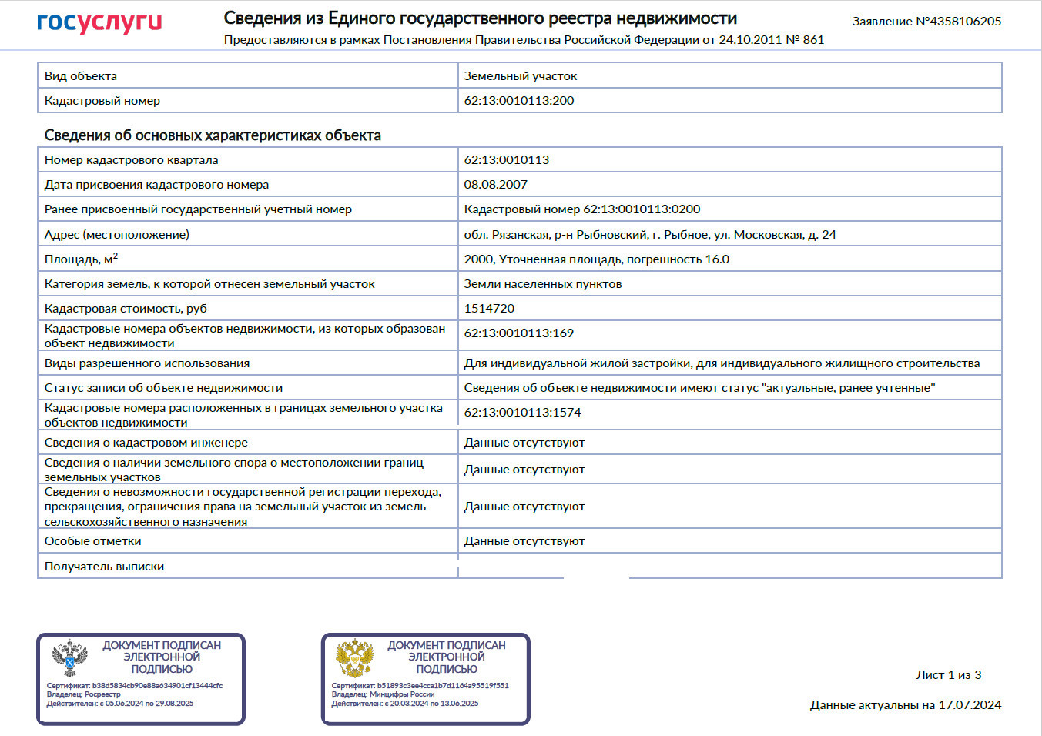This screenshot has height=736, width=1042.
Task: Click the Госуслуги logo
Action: tap(100, 23)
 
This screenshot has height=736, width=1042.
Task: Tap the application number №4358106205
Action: tap(958, 22)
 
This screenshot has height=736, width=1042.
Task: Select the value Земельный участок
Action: tap(521, 76)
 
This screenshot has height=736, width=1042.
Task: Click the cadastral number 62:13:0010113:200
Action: tap(519, 101)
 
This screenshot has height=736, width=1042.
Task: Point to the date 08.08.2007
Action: tap(496, 185)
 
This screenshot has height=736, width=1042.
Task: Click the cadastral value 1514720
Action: tap(489, 309)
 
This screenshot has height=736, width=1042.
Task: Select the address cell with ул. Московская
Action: tap(650, 235)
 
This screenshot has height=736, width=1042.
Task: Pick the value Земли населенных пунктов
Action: tap(543, 284)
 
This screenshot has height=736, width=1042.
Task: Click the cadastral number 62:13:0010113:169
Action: tap(519, 333)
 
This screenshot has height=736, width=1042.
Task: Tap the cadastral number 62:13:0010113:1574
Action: tap(522, 413)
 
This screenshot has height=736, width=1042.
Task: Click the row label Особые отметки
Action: tap(93, 541)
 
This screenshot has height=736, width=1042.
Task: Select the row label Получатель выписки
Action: tap(105, 567)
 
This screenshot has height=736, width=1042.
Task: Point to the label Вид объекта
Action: tap(81, 76)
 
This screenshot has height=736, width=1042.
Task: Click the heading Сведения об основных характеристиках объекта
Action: tap(213, 135)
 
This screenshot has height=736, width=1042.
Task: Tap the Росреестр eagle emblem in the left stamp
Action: tap(70, 659)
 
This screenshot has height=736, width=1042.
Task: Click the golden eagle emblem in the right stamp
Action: tap(355, 659)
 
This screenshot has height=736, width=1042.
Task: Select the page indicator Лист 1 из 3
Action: tap(949, 675)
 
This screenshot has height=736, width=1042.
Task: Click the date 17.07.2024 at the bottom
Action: tap(970, 705)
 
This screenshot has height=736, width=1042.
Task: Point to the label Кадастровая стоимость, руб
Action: tap(126, 309)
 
